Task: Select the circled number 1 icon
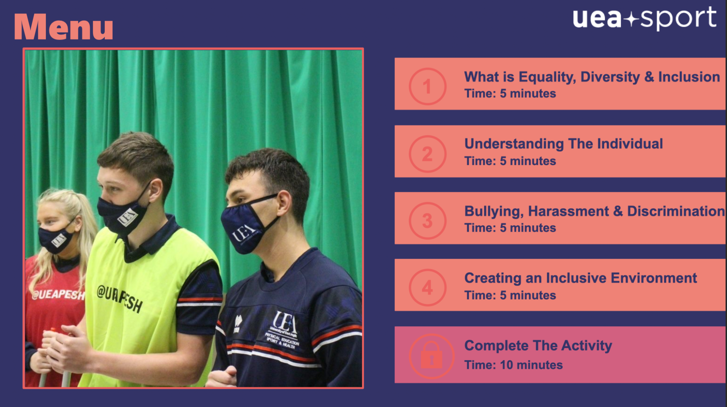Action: pyautogui.click(x=427, y=87)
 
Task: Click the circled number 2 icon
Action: pyautogui.click(x=427, y=154)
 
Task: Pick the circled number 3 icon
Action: pyautogui.click(x=427, y=221)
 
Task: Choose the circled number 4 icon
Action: pyautogui.click(x=427, y=288)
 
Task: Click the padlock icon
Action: pyautogui.click(x=431, y=356)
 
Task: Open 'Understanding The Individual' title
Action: pyautogui.click(x=564, y=144)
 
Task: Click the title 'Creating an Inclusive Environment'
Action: pyautogui.click(x=581, y=278)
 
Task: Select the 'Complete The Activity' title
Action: pyautogui.click(x=538, y=346)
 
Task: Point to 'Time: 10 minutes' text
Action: pyautogui.click(x=514, y=365)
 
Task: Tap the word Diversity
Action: pyautogui.click(x=610, y=77)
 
